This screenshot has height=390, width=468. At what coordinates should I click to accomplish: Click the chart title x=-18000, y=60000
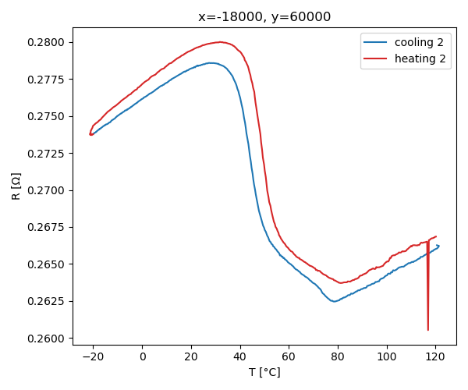(x=264, y=17)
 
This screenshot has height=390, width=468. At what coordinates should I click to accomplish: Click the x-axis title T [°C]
(x=264, y=372)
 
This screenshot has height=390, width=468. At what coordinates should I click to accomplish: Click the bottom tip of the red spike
(x=428, y=330)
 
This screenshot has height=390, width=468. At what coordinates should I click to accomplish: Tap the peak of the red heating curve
(x=222, y=42)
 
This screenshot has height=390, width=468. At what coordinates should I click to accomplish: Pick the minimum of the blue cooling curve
(x=335, y=301)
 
